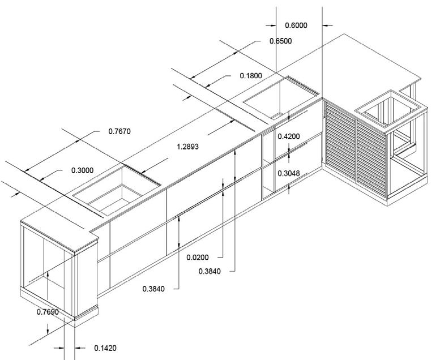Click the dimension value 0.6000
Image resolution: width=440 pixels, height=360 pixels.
(296, 25)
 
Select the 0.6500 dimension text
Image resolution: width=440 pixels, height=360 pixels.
(280, 41)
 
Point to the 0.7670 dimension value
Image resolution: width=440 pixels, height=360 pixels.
(119, 131)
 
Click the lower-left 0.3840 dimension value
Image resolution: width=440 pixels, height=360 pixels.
(154, 289)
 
